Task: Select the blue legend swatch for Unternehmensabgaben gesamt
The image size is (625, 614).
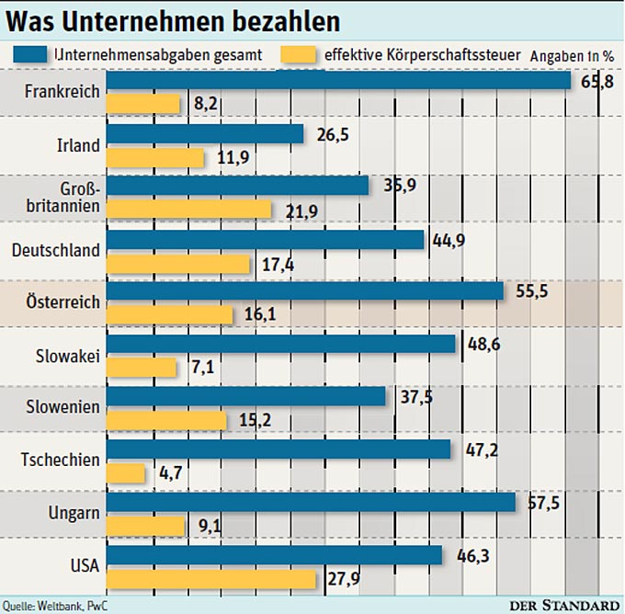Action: click(x=32, y=54)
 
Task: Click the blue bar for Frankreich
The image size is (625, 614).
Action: click(x=339, y=81)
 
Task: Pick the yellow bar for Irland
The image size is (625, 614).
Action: click(x=155, y=158)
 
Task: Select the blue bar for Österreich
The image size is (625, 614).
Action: click(x=305, y=290)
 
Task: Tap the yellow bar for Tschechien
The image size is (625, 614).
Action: click(x=126, y=473)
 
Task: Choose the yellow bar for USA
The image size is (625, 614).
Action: click(x=211, y=579)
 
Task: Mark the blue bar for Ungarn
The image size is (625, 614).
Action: click(x=311, y=502)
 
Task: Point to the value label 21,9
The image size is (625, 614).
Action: click(x=296, y=211)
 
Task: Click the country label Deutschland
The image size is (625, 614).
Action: click(x=56, y=250)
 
